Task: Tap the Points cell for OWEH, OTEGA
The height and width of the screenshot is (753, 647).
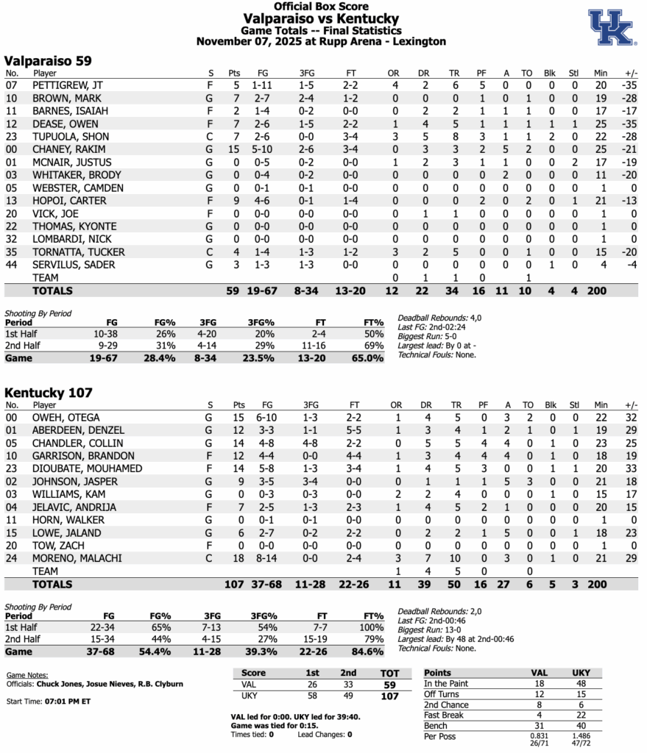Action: click(x=235, y=417)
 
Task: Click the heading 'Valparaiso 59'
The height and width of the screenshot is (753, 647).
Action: click(x=48, y=60)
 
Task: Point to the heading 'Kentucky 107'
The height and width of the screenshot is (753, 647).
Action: click(x=49, y=393)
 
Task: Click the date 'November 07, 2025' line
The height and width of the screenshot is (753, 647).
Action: click(x=321, y=42)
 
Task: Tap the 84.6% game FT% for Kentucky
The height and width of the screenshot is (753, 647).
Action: click(x=368, y=651)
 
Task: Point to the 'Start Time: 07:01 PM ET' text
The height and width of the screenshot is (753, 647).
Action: click(x=49, y=702)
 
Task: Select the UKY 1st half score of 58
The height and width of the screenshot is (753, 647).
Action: click(x=312, y=696)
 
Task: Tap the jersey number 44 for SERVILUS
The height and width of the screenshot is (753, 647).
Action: click(x=11, y=265)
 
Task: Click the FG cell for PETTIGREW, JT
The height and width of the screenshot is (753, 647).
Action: click(x=263, y=85)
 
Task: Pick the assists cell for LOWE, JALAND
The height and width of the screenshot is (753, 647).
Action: click(x=506, y=532)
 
